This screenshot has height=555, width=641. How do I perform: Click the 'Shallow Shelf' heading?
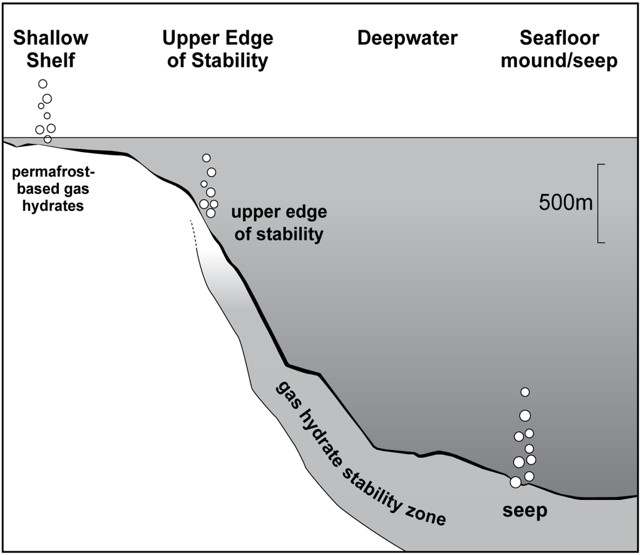51,49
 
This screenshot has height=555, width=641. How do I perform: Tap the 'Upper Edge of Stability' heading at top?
217,49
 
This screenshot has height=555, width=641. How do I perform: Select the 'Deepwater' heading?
407,39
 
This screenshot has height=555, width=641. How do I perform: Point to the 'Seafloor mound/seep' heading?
568,49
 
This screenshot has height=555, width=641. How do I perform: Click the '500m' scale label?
565,203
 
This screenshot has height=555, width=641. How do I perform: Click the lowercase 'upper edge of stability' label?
279,223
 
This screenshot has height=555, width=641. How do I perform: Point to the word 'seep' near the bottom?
525,511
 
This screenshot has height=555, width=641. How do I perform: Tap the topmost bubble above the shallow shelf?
43,84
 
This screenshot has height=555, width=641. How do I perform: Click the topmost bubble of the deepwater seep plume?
525,392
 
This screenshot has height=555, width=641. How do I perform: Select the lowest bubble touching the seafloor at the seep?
515,482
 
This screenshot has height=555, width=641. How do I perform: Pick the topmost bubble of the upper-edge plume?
207,158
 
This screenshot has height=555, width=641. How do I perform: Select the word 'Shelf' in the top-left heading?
51,61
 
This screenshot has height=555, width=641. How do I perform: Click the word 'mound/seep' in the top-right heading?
568,61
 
